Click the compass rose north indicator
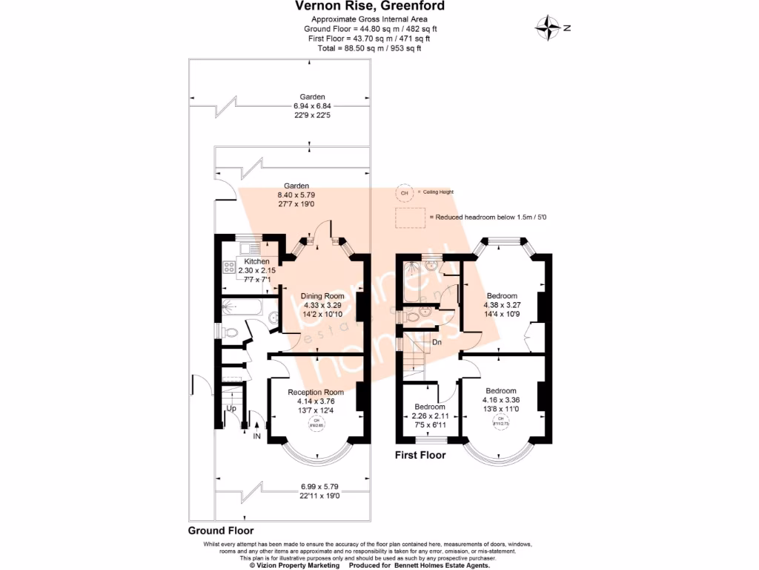549,27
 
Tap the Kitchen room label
256,262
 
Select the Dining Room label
322,296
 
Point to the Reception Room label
316,392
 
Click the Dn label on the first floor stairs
438,342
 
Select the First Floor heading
420,455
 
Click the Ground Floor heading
220,531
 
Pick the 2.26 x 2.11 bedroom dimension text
430,416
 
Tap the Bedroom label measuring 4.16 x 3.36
501,391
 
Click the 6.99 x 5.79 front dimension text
316,486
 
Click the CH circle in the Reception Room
316,424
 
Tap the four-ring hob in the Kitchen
226,268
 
